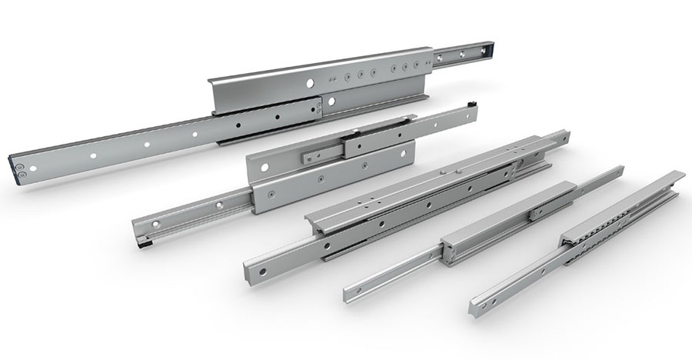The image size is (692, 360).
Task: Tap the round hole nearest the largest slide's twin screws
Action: [x=93, y=157]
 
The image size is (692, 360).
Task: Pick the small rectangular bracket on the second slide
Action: [x=318, y=155]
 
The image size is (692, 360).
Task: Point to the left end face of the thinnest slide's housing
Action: [x=446, y=251]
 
